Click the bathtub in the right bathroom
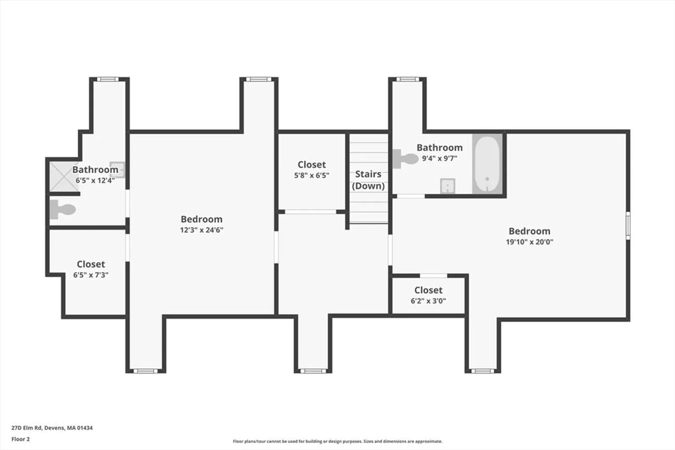487,164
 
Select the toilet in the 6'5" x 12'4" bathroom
63,209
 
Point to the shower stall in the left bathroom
64,177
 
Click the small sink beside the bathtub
447,186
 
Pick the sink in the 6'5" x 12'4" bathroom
117,170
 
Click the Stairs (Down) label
368,180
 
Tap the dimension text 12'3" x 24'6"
202,230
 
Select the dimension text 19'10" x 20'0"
529,242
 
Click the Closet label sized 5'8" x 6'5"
311,165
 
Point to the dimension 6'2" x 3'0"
428,301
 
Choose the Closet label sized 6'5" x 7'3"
91,264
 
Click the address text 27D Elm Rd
27,428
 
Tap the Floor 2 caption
20,439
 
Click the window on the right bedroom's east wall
628,225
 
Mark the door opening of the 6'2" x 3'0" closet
433,275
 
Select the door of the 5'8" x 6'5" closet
310,212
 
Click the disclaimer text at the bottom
338,441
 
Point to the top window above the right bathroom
407,79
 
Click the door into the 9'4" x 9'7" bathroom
411,196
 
